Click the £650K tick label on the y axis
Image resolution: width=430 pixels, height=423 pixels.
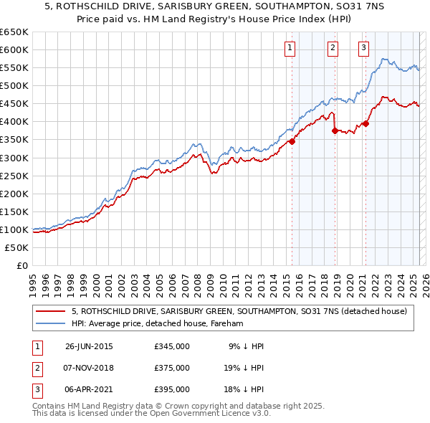click(14, 32)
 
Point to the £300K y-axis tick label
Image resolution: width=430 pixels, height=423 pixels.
click(14, 158)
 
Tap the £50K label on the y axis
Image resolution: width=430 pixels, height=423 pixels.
click(17, 247)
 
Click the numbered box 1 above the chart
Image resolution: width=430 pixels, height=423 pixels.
click(290, 49)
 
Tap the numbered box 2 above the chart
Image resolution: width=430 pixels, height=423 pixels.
click(333, 49)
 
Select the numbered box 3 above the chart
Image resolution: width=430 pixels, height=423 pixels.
click(364, 49)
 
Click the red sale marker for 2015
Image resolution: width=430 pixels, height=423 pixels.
click(292, 141)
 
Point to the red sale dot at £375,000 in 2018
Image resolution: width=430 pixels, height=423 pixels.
click(335, 130)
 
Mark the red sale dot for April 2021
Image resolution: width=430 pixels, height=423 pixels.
click(365, 123)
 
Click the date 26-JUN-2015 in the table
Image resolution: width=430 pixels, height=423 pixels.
click(89, 346)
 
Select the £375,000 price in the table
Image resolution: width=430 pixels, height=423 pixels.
click(172, 368)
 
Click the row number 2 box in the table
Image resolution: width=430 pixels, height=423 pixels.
click(36, 368)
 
